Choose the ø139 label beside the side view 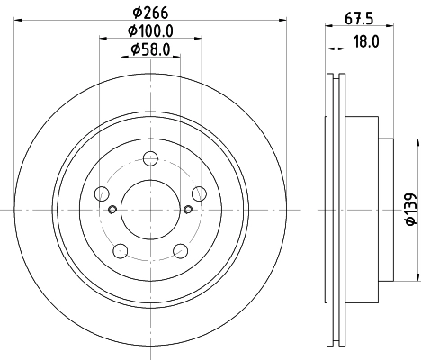point(409,210)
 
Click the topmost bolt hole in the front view point(150,160)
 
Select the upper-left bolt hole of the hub point(103,193)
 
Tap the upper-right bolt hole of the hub point(198,193)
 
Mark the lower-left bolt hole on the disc point(121,249)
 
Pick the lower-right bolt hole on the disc point(180,249)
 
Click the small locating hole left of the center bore point(112,211)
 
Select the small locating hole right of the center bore point(188,211)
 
